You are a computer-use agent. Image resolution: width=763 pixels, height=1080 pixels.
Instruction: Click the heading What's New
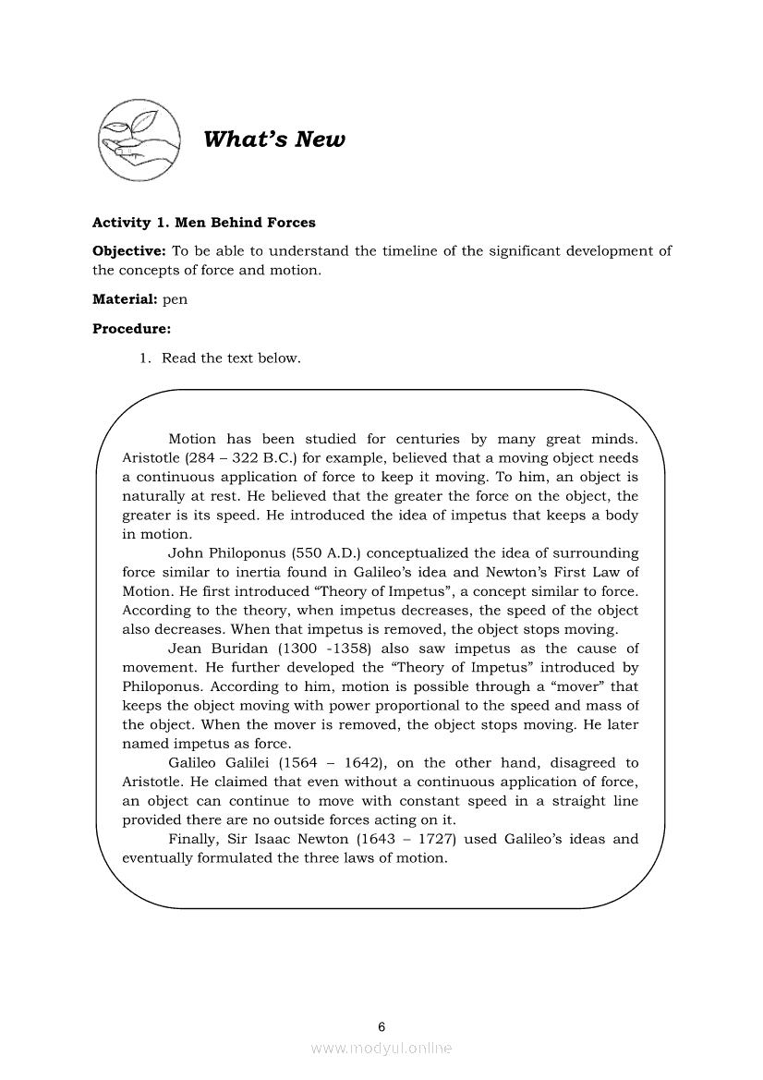point(273,140)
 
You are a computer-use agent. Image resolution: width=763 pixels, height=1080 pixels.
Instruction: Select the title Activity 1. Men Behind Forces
point(203,223)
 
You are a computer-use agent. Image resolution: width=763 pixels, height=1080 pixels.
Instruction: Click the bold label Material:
point(125,299)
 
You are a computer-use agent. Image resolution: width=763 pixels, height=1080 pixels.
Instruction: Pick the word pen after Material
point(175,300)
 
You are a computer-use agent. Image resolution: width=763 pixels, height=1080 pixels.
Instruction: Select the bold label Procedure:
point(132,328)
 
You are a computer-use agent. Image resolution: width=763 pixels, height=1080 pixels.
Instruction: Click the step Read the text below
point(231,358)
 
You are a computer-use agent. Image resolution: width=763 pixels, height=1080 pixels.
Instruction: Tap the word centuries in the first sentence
point(429,440)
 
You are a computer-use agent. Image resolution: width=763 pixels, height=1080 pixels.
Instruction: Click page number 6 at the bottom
point(381,1026)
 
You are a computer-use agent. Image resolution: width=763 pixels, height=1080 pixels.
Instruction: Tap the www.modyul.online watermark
point(381,1049)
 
